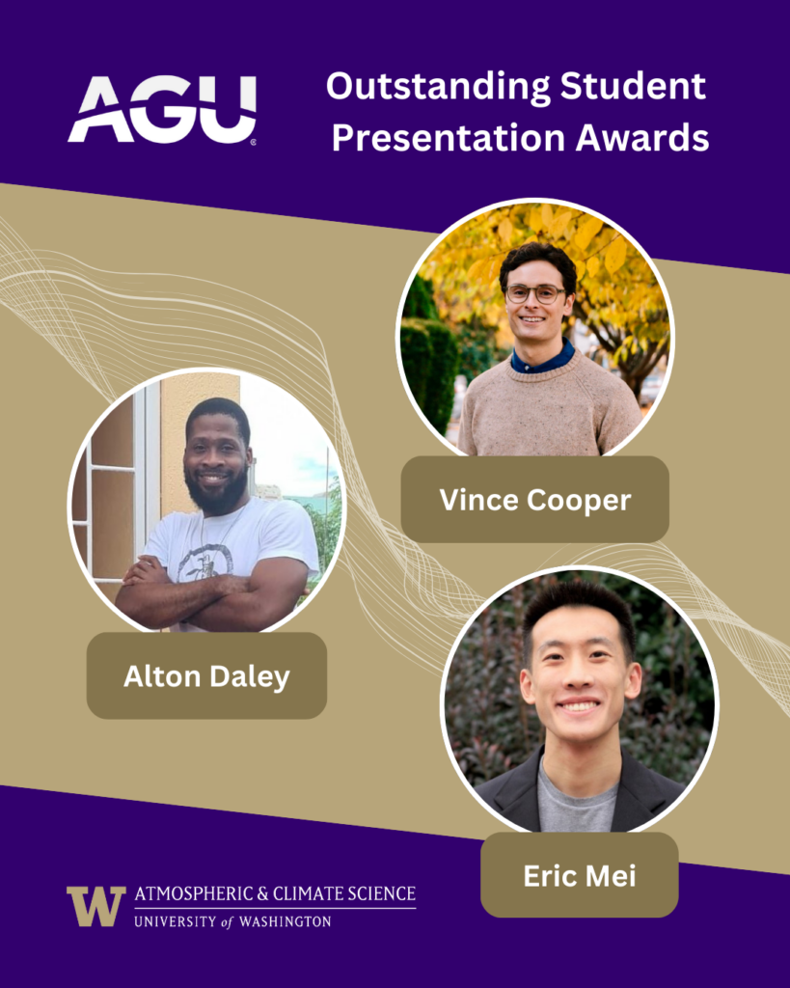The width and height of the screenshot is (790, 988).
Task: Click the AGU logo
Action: [x=161, y=109]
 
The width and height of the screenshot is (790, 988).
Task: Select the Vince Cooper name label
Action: [x=534, y=500]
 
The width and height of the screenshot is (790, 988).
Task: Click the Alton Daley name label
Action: [x=206, y=675]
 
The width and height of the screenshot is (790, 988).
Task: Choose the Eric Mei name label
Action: [x=579, y=875]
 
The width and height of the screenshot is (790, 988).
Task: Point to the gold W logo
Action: [x=95, y=906]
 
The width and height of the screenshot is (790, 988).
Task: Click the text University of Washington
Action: [x=232, y=921]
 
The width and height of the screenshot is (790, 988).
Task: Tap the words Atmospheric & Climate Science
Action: [x=275, y=892]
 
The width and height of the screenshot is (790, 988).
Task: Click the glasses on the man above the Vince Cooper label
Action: [x=535, y=293]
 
